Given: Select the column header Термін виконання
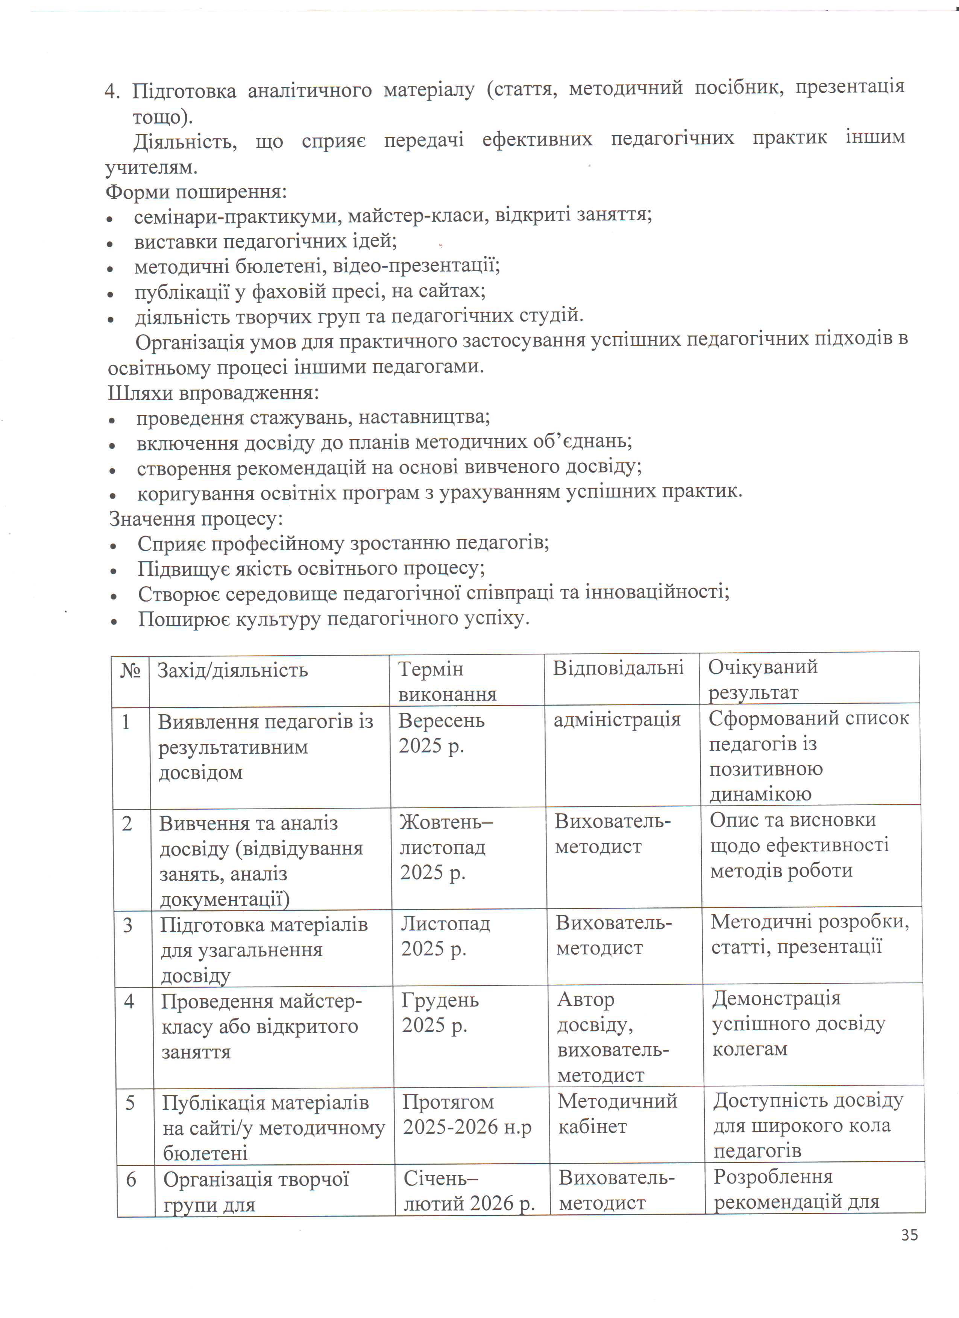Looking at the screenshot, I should tap(447, 682).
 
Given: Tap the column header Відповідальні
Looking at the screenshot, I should tap(618, 668).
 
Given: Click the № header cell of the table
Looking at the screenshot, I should tap(130, 671).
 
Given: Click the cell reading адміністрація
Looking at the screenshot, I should tap(616, 720).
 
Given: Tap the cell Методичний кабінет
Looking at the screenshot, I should tap(617, 1114).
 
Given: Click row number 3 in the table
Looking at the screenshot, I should tap(128, 925).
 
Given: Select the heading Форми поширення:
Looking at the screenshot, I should tap(196, 192).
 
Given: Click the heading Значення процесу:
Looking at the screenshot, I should tap(196, 519).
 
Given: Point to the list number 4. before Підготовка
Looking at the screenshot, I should tap(112, 92).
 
